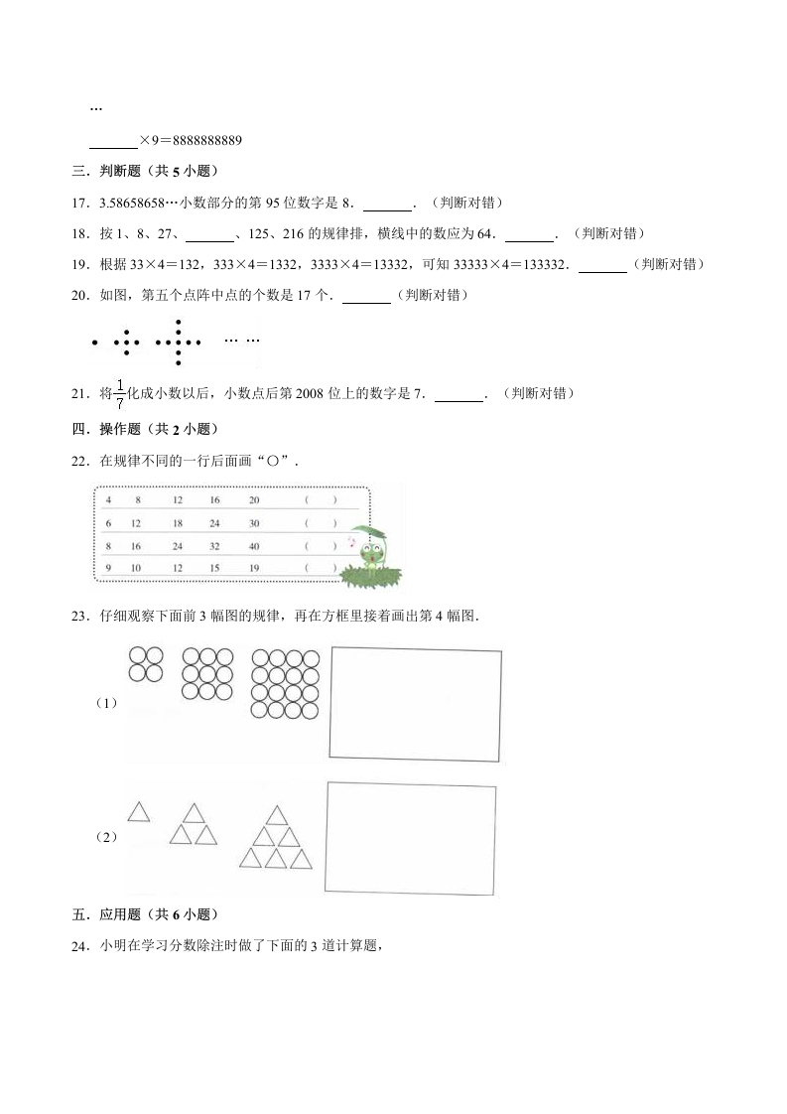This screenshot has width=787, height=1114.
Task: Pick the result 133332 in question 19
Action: pos(541,265)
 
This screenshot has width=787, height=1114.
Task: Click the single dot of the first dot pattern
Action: pos(94,344)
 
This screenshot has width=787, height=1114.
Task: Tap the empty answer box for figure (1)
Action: pos(415,704)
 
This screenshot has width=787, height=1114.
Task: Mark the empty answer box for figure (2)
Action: pos(411,836)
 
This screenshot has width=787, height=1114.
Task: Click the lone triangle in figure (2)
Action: pos(139,811)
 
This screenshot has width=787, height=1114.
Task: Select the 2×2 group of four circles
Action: pos(146,664)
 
